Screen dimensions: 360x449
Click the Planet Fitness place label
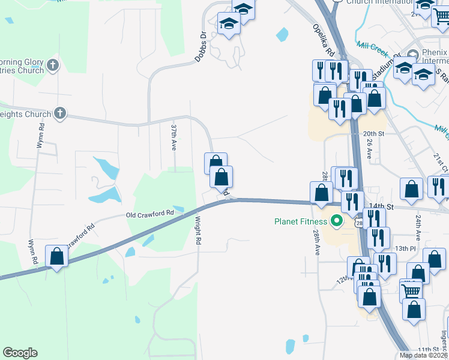tap(302, 221)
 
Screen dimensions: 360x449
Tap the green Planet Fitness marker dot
tap(337, 221)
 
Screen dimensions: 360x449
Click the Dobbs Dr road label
tap(200, 47)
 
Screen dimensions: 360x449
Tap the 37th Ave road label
tap(173, 137)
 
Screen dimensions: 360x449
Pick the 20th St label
tap(373, 133)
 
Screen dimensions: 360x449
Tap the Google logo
tap(20, 353)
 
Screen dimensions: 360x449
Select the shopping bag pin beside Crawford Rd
tap(57, 256)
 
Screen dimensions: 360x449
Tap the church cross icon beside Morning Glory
tap(52, 65)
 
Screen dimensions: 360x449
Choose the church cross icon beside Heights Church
tap(59, 113)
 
